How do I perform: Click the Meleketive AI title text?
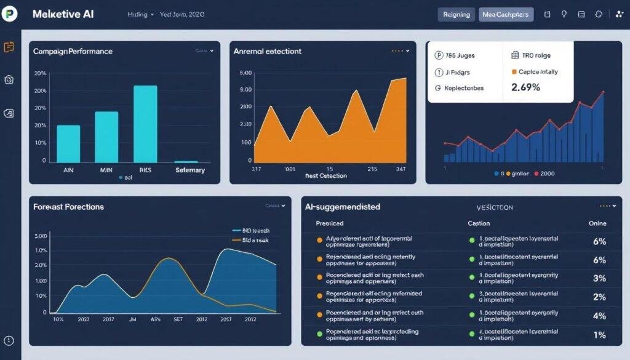[x=63, y=14]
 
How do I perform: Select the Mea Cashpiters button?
[x=506, y=14]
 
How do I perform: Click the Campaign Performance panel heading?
[x=73, y=51]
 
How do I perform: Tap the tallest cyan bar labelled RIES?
[x=145, y=123]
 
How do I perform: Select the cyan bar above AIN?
[x=68, y=143]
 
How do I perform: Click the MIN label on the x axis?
[x=106, y=169]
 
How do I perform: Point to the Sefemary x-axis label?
[x=190, y=170]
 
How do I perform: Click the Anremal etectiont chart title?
[x=268, y=52]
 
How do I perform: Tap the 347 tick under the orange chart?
[x=401, y=168]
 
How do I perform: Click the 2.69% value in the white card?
[x=525, y=87]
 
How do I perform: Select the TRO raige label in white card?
[x=535, y=55]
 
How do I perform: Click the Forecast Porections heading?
[x=68, y=207]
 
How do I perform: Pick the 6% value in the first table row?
[x=599, y=242]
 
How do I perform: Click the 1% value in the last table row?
[x=599, y=335]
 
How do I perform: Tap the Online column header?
[x=597, y=223]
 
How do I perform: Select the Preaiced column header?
[x=330, y=223]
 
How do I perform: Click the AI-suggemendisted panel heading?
[x=343, y=207]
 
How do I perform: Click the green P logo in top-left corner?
[x=10, y=14]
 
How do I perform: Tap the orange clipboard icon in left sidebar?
[x=9, y=47]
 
